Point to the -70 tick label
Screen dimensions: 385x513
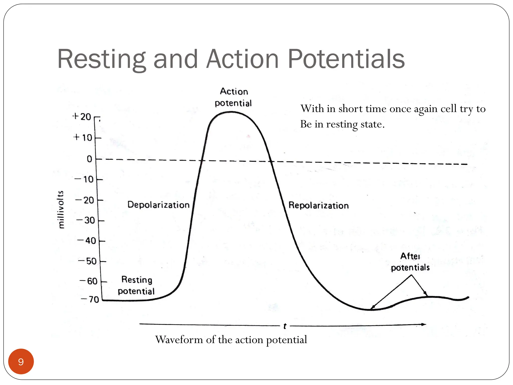90,299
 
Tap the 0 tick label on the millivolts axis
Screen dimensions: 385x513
89,159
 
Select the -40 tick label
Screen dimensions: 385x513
87,241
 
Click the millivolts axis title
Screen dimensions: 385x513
61,209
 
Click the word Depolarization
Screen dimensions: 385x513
158,205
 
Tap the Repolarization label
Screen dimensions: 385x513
318,206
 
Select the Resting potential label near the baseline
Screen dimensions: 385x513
137,285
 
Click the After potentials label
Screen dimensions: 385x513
410,262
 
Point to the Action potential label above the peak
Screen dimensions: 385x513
233,97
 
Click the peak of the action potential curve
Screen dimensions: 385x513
231,112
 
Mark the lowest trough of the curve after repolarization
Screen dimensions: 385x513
370,310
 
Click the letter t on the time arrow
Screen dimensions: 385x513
285,326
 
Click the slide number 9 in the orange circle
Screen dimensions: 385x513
21,362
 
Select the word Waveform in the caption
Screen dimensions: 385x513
179,340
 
